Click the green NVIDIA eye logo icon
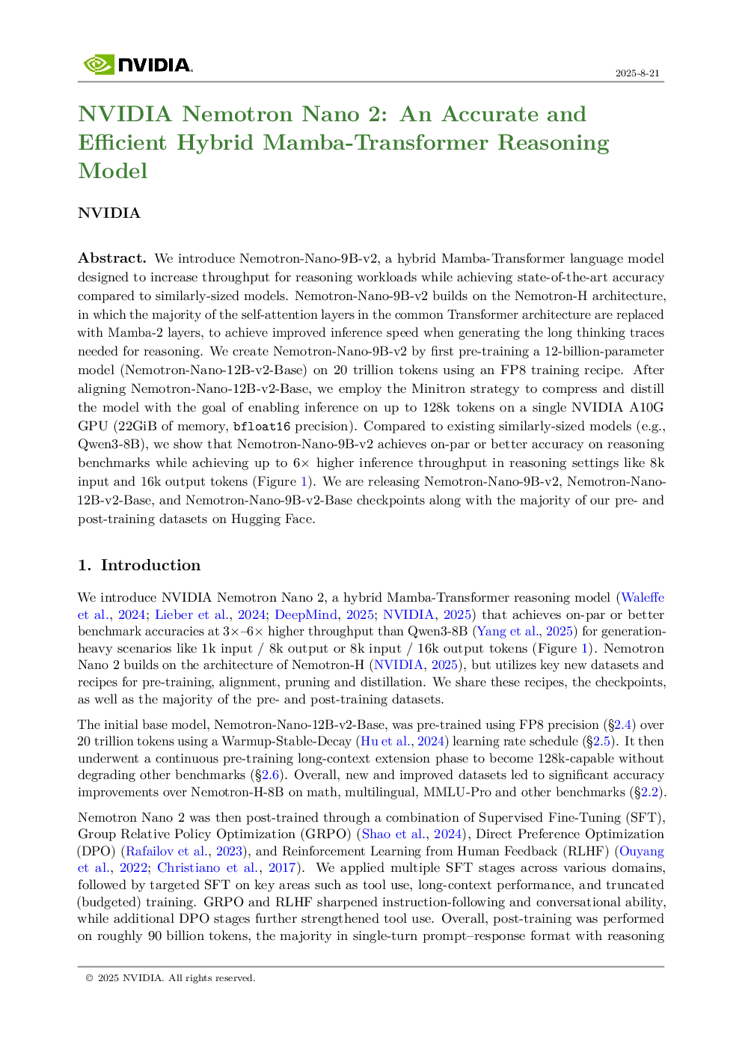99,64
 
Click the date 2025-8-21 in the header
637,73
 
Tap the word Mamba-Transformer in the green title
375,142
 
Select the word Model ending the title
112,171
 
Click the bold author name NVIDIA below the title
109,213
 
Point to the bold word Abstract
112,257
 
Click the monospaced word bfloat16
261,426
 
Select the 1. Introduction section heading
139,565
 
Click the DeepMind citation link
306,614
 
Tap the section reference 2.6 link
270,775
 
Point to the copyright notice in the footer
171,978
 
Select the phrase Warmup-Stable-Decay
286,742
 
